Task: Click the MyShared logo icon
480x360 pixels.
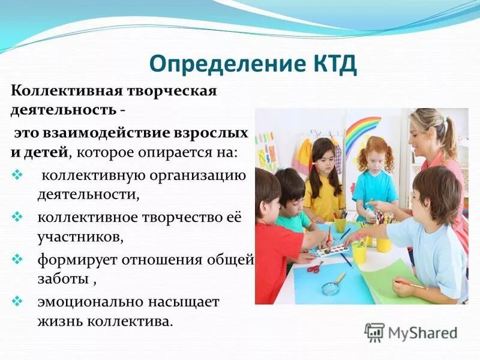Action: tap(374, 332)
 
